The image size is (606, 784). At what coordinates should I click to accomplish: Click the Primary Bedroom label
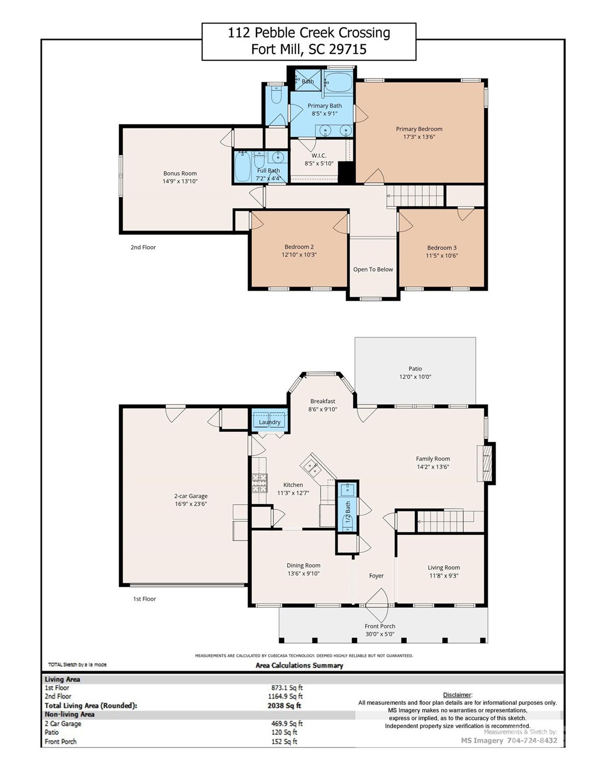419,129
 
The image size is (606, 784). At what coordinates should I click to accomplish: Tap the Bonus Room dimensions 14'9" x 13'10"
180,181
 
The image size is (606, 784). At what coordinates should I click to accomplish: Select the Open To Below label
373,269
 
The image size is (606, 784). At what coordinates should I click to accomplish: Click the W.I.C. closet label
319,156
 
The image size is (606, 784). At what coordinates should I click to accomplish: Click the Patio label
415,369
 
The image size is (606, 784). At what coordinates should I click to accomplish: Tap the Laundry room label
270,422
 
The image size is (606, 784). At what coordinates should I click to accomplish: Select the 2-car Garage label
190,496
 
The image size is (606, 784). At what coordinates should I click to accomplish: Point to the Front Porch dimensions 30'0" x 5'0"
380,634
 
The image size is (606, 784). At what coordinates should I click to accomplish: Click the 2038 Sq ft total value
284,706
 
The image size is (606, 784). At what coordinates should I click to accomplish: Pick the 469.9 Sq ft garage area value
286,724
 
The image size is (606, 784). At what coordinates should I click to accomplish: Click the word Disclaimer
457,695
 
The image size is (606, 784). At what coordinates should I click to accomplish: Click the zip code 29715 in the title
348,50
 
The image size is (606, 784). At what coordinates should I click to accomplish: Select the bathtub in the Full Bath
241,167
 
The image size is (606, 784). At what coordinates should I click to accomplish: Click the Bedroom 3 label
442,248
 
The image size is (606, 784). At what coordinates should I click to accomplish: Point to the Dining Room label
303,566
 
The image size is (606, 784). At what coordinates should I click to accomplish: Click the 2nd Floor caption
143,248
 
